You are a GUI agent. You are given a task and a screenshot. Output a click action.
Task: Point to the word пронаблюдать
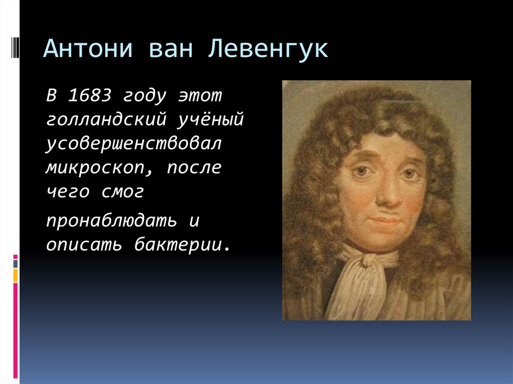(111, 221)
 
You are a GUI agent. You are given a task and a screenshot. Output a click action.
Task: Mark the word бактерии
(183, 245)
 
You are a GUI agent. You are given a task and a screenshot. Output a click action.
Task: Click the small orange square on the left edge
(16, 275)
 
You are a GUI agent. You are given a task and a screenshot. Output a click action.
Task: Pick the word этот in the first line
(200, 95)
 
